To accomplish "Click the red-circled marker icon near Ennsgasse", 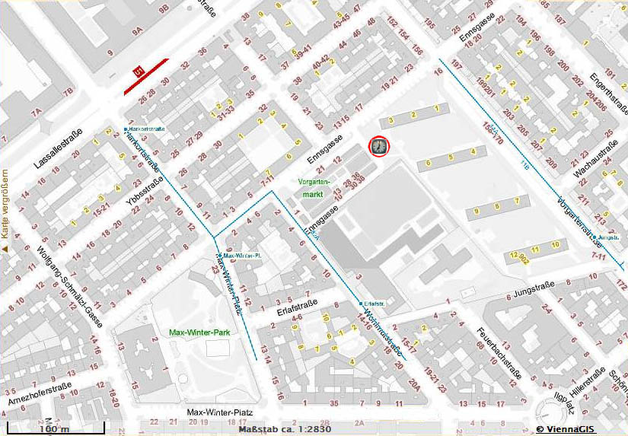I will tap(378, 146).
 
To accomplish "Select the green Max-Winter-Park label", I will tap(199, 333).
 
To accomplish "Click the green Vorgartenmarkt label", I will tap(314, 189).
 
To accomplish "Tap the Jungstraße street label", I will tap(537, 289).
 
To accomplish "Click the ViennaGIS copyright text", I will tap(580, 429).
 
